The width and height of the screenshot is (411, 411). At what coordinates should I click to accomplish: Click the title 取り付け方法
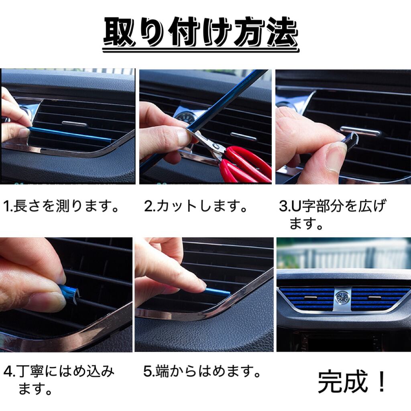click(x=201, y=33)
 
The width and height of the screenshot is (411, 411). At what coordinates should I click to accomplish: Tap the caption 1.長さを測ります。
click(x=61, y=206)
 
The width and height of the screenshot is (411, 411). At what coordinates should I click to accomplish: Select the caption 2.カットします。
click(x=196, y=206)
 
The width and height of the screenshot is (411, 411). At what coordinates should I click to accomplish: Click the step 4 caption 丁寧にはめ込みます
click(x=59, y=380)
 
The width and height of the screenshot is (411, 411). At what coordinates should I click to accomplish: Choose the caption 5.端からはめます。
click(x=202, y=371)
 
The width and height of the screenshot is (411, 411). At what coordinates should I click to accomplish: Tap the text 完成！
click(x=352, y=382)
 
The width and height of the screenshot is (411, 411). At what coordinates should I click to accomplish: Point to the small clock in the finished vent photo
click(x=342, y=297)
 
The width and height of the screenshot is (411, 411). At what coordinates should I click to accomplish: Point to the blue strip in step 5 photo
click(x=218, y=291)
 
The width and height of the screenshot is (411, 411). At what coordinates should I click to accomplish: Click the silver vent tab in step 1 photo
click(x=74, y=124)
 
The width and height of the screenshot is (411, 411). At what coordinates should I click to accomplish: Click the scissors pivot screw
click(x=216, y=146)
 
